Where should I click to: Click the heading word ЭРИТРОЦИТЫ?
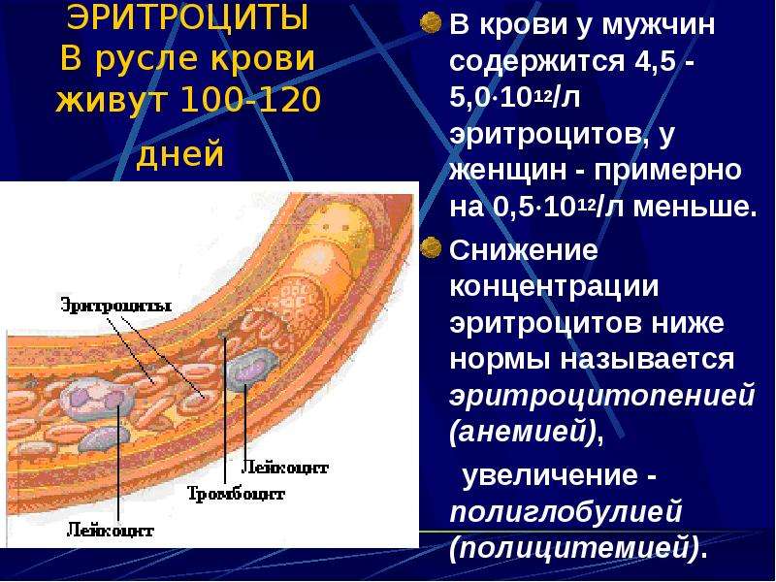[x=187, y=17]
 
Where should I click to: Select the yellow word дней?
[x=180, y=155]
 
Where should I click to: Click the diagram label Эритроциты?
[x=116, y=305]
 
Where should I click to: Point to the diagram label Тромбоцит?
[x=236, y=494]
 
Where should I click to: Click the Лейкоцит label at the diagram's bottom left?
[x=110, y=531]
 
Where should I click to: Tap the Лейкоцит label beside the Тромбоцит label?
[x=284, y=468]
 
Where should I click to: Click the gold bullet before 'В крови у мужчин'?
[x=430, y=22]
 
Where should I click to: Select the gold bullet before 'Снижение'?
[x=430, y=247]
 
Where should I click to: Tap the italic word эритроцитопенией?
[x=602, y=396]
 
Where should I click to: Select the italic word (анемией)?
[x=524, y=433]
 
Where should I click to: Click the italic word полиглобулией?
[x=566, y=510]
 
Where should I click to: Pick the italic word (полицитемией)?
[x=574, y=547]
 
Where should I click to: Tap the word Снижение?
[x=524, y=250]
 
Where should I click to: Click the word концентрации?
[x=554, y=287]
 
